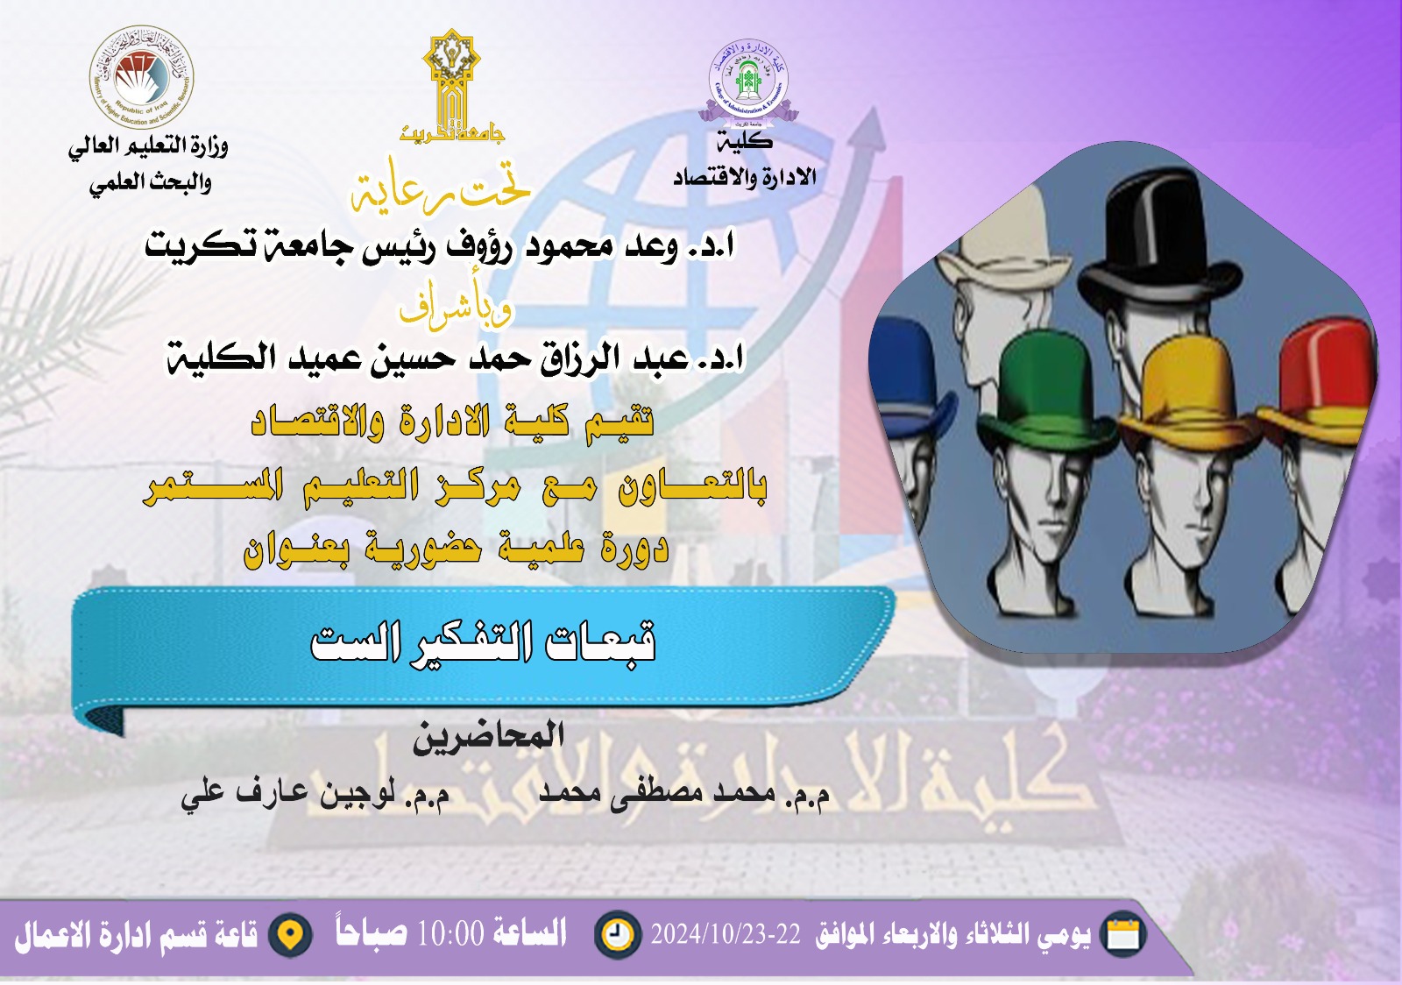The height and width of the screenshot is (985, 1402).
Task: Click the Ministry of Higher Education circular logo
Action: (x=142, y=77)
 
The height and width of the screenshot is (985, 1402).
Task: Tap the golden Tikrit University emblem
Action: (x=450, y=83)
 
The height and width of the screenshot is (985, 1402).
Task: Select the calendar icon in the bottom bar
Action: (x=1122, y=934)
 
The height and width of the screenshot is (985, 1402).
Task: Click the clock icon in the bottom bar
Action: (x=617, y=934)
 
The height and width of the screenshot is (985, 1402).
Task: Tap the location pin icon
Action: (x=290, y=935)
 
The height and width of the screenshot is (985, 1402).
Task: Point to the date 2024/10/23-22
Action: (x=726, y=935)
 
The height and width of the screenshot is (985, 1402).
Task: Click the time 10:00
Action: (x=450, y=934)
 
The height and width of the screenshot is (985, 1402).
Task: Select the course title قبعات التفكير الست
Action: (x=484, y=642)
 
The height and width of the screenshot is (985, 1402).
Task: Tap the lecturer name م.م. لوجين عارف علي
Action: (x=315, y=794)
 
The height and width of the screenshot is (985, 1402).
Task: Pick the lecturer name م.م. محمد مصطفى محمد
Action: (x=683, y=794)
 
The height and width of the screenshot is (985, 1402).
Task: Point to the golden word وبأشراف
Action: (x=456, y=307)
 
